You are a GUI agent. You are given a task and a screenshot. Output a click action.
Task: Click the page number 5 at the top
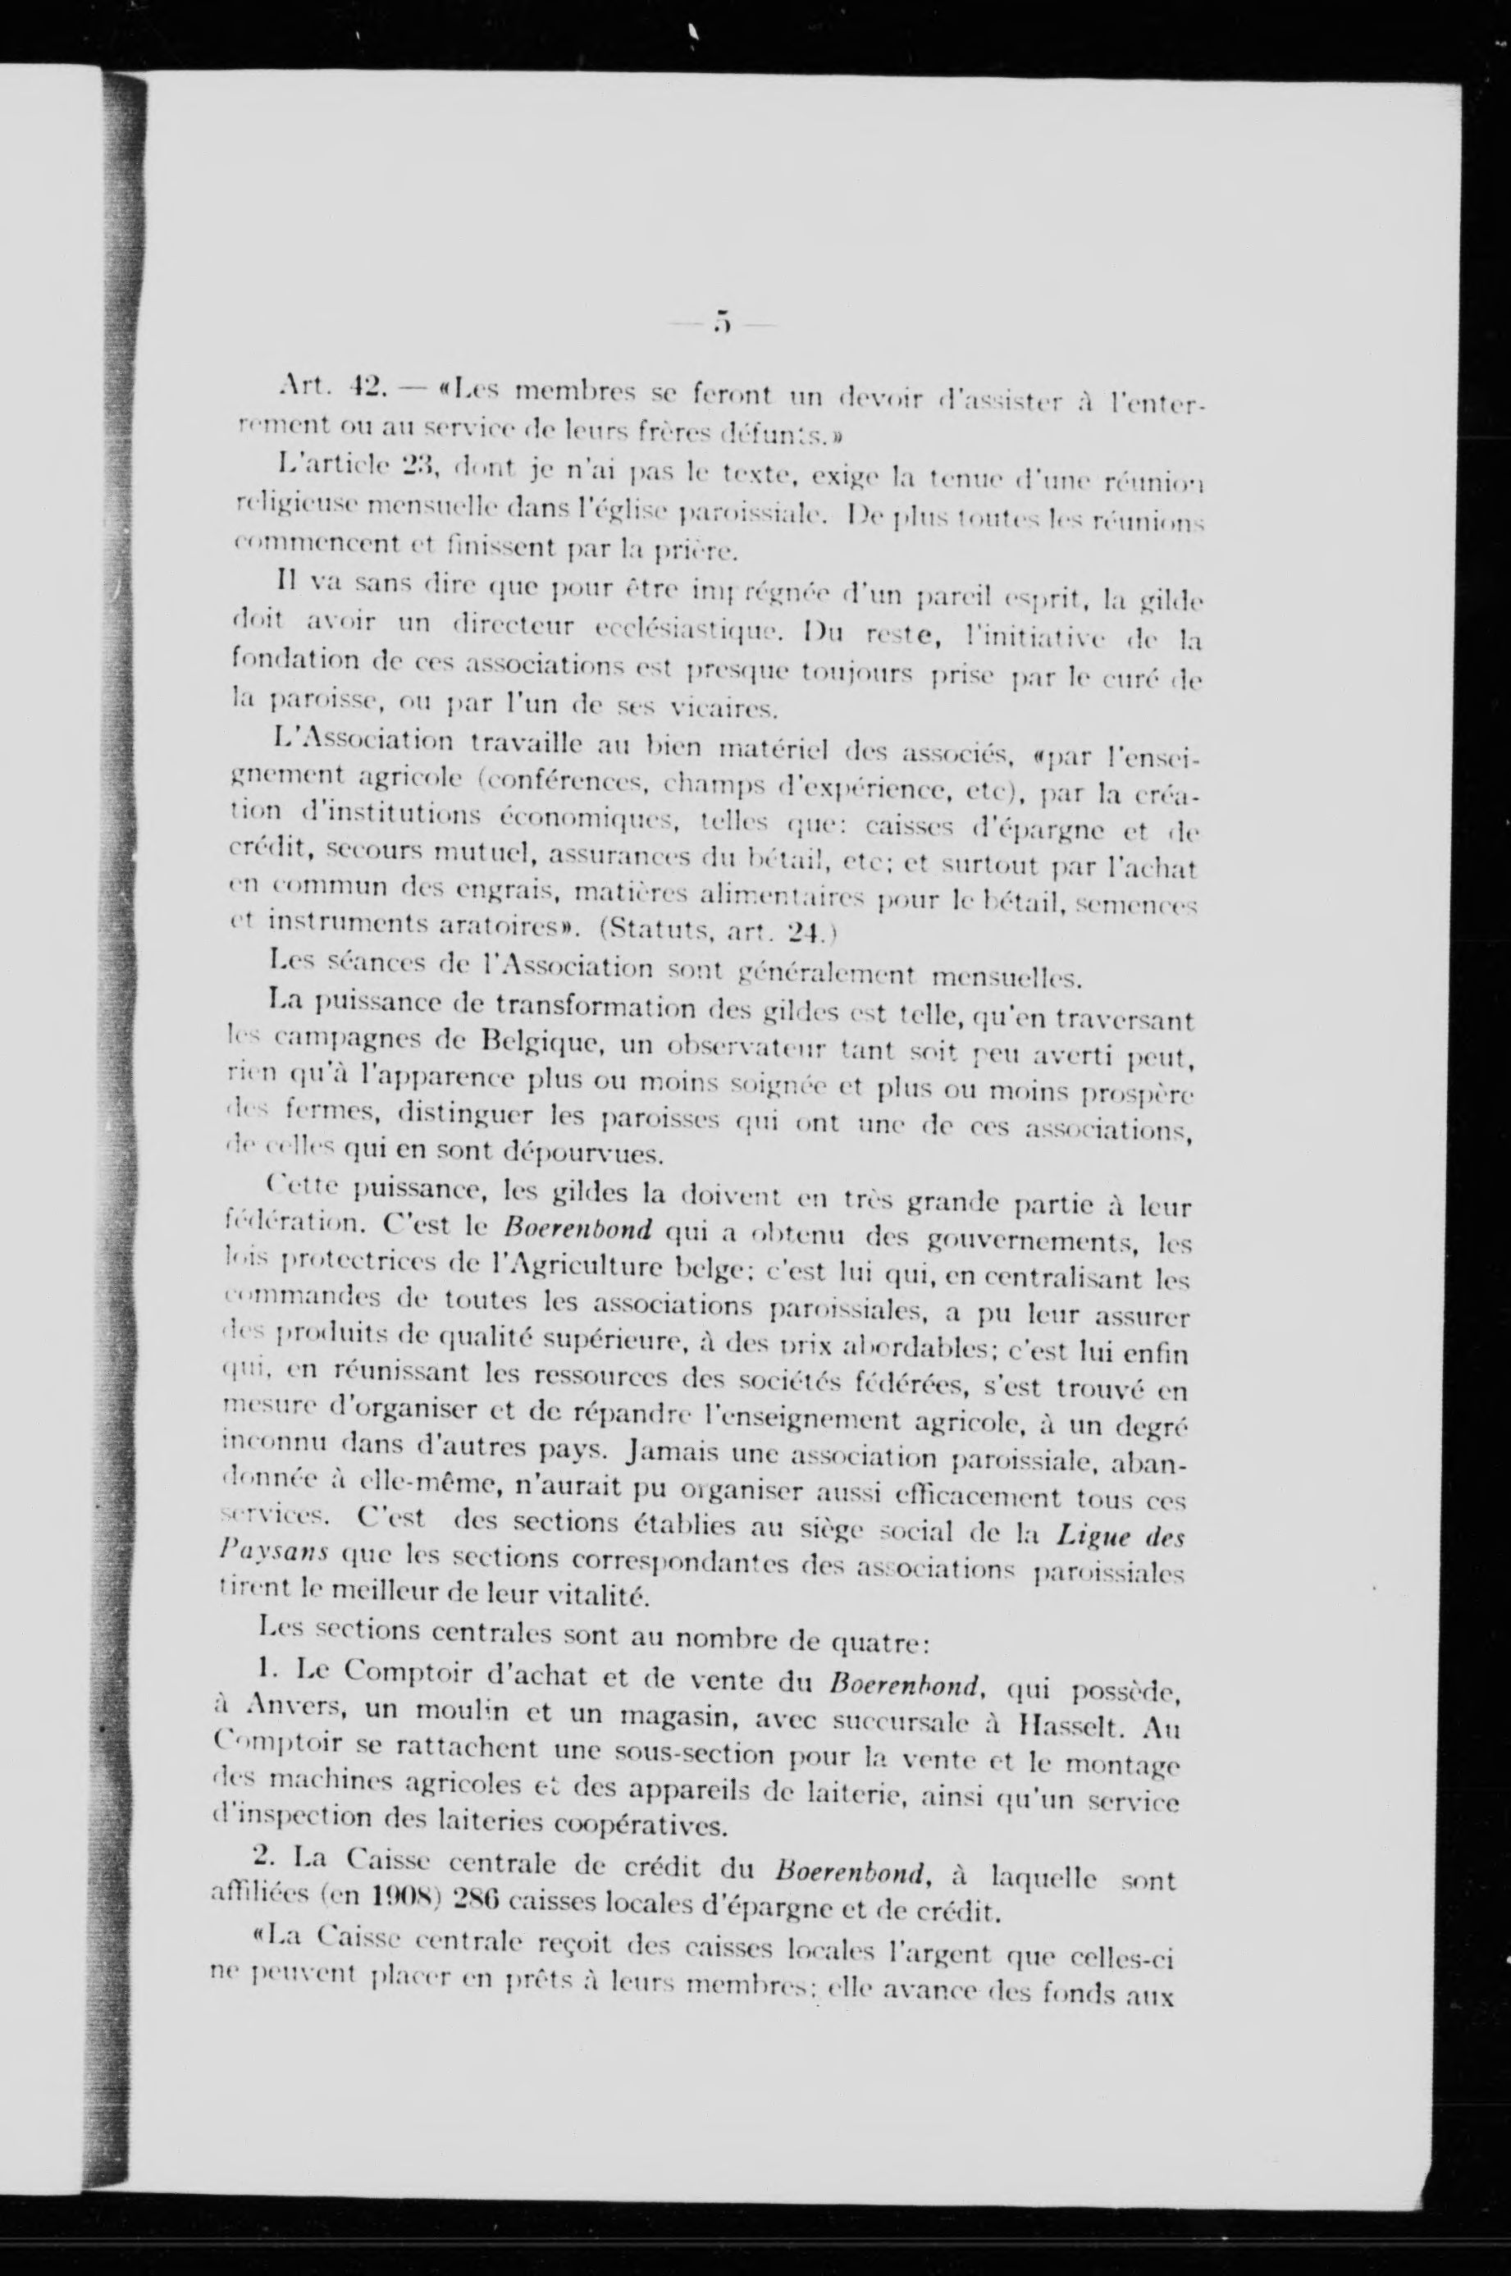click(720, 322)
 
